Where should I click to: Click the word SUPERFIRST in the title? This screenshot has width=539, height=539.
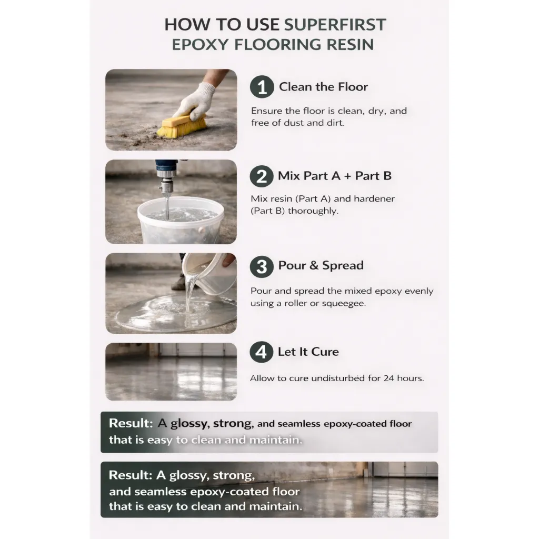point(335,25)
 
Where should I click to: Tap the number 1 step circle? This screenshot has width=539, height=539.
point(262,87)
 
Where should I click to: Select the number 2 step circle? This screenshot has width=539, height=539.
point(262,176)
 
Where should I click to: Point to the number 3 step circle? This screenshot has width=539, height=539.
point(262,266)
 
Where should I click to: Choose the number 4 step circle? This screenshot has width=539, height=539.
point(261,352)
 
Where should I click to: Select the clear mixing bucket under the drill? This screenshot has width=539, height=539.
point(181,220)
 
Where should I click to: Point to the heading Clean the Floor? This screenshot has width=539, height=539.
point(323,87)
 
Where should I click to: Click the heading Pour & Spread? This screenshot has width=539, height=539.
point(321,265)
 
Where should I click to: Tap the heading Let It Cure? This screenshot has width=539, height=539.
point(308,352)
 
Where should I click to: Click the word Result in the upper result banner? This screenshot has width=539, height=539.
point(131,423)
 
